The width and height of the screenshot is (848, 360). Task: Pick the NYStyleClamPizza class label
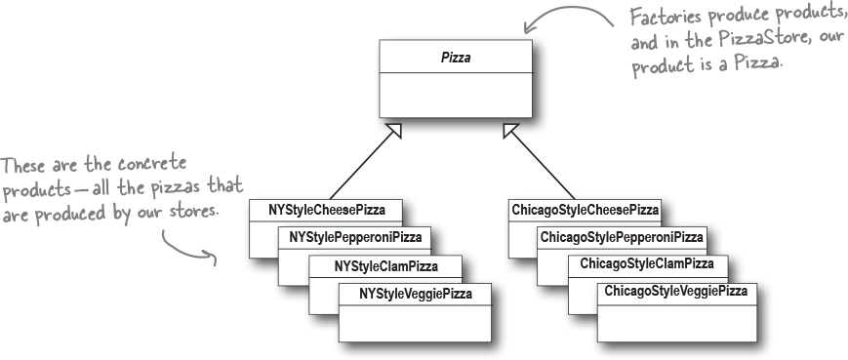[385, 265]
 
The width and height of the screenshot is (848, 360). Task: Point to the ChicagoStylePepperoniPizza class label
[622, 237]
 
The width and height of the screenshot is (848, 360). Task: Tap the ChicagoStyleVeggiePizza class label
[675, 292]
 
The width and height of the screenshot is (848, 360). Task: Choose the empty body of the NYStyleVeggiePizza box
[415, 322]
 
